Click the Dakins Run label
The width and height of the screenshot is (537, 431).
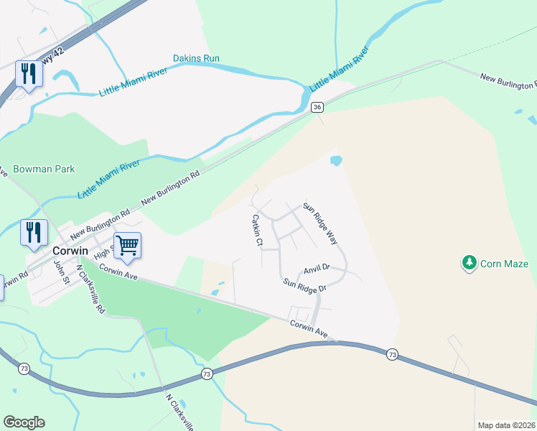[196, 58]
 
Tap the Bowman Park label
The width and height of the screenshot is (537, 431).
[44, 170]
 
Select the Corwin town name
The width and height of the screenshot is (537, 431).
[70, 251]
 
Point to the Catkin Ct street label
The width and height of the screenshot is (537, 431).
[256, 231]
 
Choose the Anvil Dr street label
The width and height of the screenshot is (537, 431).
[316, 269]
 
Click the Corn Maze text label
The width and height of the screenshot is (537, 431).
[505, 264]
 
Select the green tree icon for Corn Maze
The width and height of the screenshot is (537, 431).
[470, 264]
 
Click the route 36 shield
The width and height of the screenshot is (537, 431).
[317, 107]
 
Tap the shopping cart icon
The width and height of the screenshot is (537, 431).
[127, 245]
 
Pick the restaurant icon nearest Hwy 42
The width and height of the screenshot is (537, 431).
[29, 75]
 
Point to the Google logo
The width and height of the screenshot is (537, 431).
[24, 422]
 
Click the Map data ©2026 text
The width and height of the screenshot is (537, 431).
[506, 425]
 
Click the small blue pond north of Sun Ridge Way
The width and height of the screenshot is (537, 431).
[335, 160]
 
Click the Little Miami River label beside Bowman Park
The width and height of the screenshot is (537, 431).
[108, 179]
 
